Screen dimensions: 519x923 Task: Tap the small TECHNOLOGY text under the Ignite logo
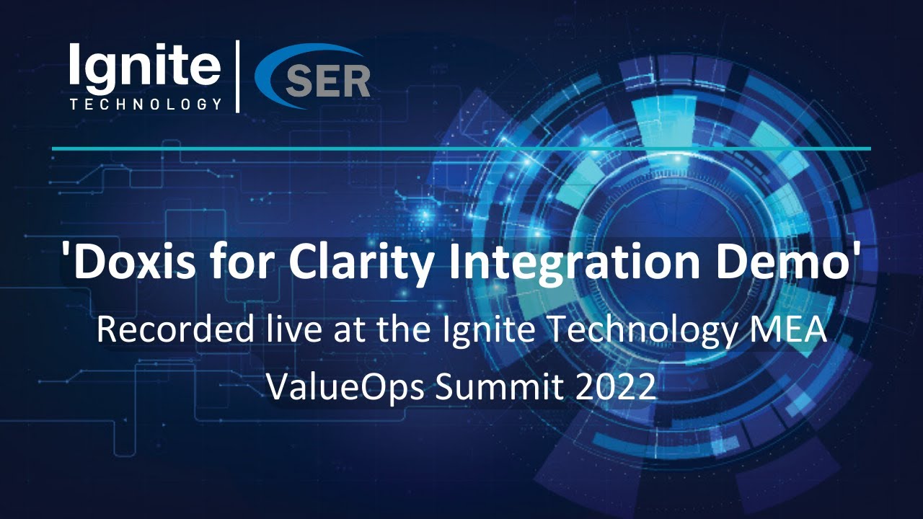coord(145,105)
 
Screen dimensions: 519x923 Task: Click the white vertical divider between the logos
coord(237,76)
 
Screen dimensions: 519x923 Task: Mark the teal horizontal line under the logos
coord(461,148)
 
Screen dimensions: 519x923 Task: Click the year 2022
coord(616,387)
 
